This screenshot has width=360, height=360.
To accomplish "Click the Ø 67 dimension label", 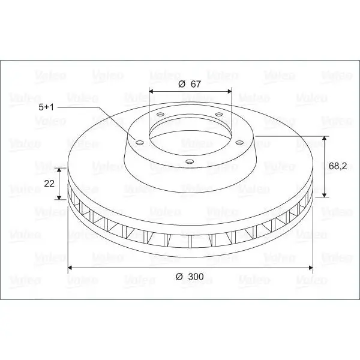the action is click(190, 84).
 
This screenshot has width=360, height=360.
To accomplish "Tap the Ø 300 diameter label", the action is click(190, 277).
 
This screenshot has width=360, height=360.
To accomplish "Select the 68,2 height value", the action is click(337, 166).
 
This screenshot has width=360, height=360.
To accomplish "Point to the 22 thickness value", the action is click(49, 184).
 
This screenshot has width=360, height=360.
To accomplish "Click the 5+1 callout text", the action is click(46, 107).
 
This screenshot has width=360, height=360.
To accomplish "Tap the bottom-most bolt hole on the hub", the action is click(190, 161).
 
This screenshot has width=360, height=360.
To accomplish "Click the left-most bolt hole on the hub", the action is click(139, 143).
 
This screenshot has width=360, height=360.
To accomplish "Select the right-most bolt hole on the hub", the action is click(239, 143).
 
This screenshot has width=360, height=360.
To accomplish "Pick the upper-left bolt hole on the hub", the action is click(160, 114).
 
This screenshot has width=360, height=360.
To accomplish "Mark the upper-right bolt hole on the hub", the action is click(219, 114).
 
